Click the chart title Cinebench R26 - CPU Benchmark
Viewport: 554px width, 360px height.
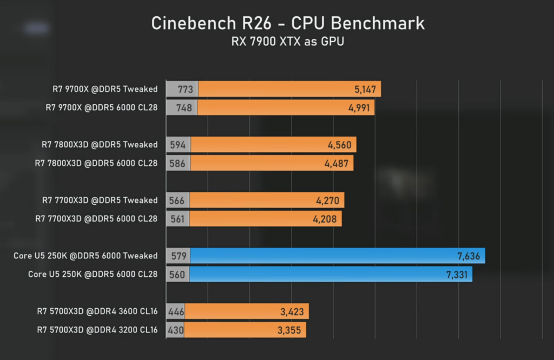pos(288,23)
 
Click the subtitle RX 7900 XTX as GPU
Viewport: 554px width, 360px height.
pos(288,41)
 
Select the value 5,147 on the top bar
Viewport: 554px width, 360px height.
pos(365,90)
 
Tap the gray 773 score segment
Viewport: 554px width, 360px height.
pos(182,89)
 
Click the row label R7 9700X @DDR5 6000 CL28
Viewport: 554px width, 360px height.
pos(101,108)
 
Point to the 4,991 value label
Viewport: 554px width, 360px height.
pos(359,108)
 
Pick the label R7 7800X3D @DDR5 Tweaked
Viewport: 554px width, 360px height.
pos(100,145)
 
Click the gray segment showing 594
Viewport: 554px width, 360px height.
pos(179,145)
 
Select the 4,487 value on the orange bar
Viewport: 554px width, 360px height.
pos(337,163)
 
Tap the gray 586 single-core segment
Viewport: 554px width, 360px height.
pos(179,163)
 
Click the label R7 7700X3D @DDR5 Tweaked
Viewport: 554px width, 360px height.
pos(100,201)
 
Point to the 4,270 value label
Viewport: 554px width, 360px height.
pos(327,201)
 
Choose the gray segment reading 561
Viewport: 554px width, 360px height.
pos(177,219)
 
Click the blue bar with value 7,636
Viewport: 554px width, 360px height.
pos(338,256)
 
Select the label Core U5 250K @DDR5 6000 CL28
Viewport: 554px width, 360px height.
pos(93,274)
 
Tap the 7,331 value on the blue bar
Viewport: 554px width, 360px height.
pos(457,275)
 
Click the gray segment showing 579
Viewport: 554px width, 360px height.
pos(178,256)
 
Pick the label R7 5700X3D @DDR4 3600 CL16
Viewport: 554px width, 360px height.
pos(97,311)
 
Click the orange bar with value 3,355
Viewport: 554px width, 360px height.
pos(245,330)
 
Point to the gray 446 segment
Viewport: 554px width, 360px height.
pos(176,311)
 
